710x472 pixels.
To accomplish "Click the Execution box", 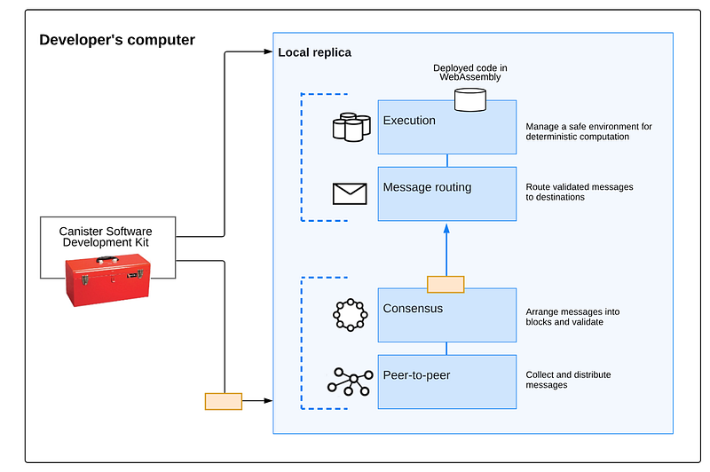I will pos(446,127).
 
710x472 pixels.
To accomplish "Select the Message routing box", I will pos(446,193).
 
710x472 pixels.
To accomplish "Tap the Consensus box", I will pos(446,315).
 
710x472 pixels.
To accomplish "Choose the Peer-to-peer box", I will pos(446,382).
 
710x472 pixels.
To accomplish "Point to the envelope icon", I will pos(349,193).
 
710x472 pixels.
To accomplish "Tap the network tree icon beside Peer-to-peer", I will pos(350,382).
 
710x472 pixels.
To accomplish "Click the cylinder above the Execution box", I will pos(470,98).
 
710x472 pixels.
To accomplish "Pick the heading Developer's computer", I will pos(117,40).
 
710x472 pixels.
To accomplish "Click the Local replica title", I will pos(315,52).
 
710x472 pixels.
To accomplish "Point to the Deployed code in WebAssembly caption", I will pos(469,72).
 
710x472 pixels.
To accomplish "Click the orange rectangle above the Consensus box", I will pos(446,284).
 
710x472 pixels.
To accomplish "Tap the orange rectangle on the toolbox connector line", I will pos(223,401).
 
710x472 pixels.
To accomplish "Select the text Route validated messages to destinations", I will pos(580,193).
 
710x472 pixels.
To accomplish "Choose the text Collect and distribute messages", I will pos(568,380).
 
